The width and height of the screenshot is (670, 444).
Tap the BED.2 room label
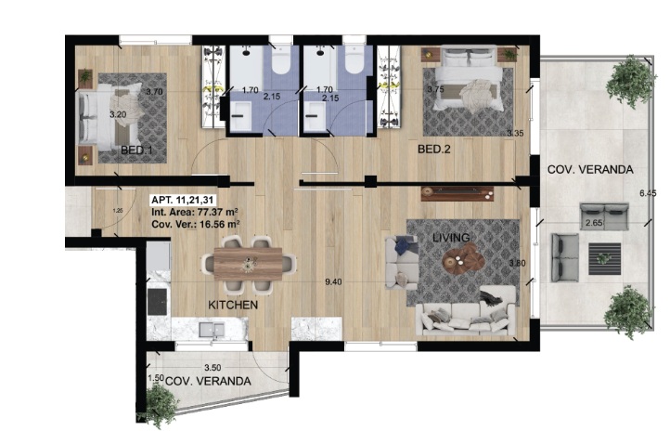tap(433, 150)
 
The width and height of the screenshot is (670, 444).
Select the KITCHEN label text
tap(232, 305)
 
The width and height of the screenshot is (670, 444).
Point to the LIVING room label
tap(451, 239)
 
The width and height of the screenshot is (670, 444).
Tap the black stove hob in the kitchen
tap(157, 301)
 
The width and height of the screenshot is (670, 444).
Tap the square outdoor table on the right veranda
tap(608, 254)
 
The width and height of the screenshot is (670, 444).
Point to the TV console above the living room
tap(456, 193)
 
